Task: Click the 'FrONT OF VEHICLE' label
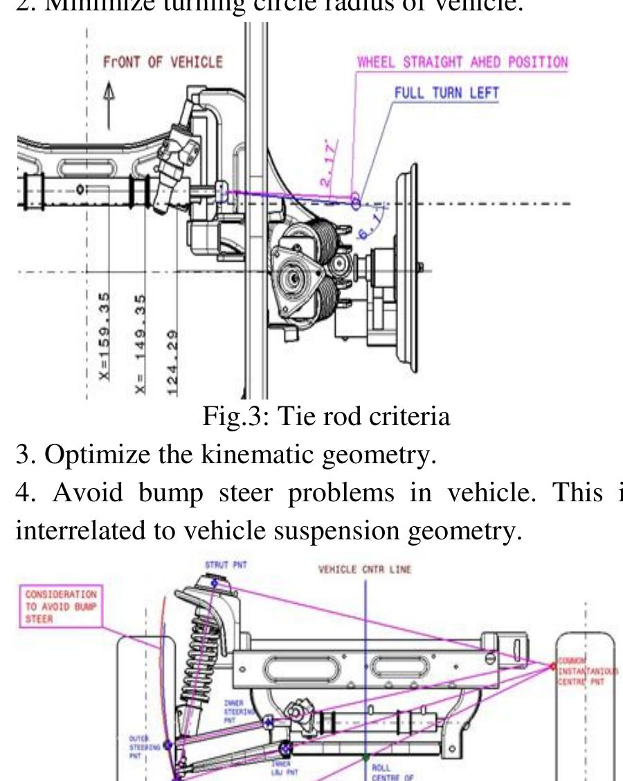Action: [163, 62]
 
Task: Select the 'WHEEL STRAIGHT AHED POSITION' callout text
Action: [462, 62]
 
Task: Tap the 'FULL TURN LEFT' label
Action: [446, 93]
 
